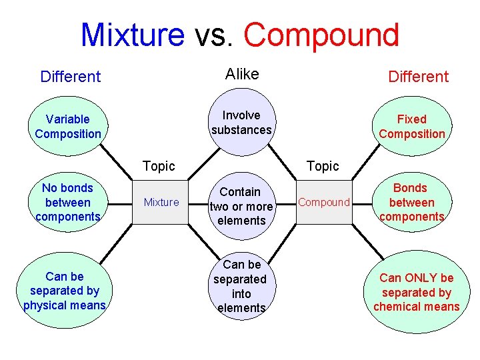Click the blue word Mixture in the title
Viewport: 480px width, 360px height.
click(x=132, y=35)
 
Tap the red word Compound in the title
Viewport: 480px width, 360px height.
click(x=321, y=35)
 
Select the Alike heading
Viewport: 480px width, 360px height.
click(x=242, y=74)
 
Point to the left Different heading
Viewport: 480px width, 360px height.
click(x=70, y=77)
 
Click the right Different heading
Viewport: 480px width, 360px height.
click(x=419, y=77)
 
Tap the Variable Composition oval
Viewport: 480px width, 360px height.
click(x=68, y=126)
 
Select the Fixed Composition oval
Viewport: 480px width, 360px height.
click(x=411, y=126)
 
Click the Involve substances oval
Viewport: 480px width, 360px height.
click(x=241, y=123)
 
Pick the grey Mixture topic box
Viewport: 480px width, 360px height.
click(x=161, y=202)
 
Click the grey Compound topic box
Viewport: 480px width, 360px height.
click(x=324, y=202)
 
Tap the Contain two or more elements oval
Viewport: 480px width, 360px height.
click(x=241, y=207)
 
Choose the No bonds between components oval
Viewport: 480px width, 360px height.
click(x=67, y=202)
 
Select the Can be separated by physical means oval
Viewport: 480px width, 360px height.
click(x=65, y=291)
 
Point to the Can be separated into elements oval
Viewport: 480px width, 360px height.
click(x=241, y=287)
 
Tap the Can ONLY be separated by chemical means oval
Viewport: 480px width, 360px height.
click(x=417, y=292)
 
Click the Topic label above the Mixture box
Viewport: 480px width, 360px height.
click(x=159, y=166)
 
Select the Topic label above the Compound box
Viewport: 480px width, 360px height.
click(x=323, y=166)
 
